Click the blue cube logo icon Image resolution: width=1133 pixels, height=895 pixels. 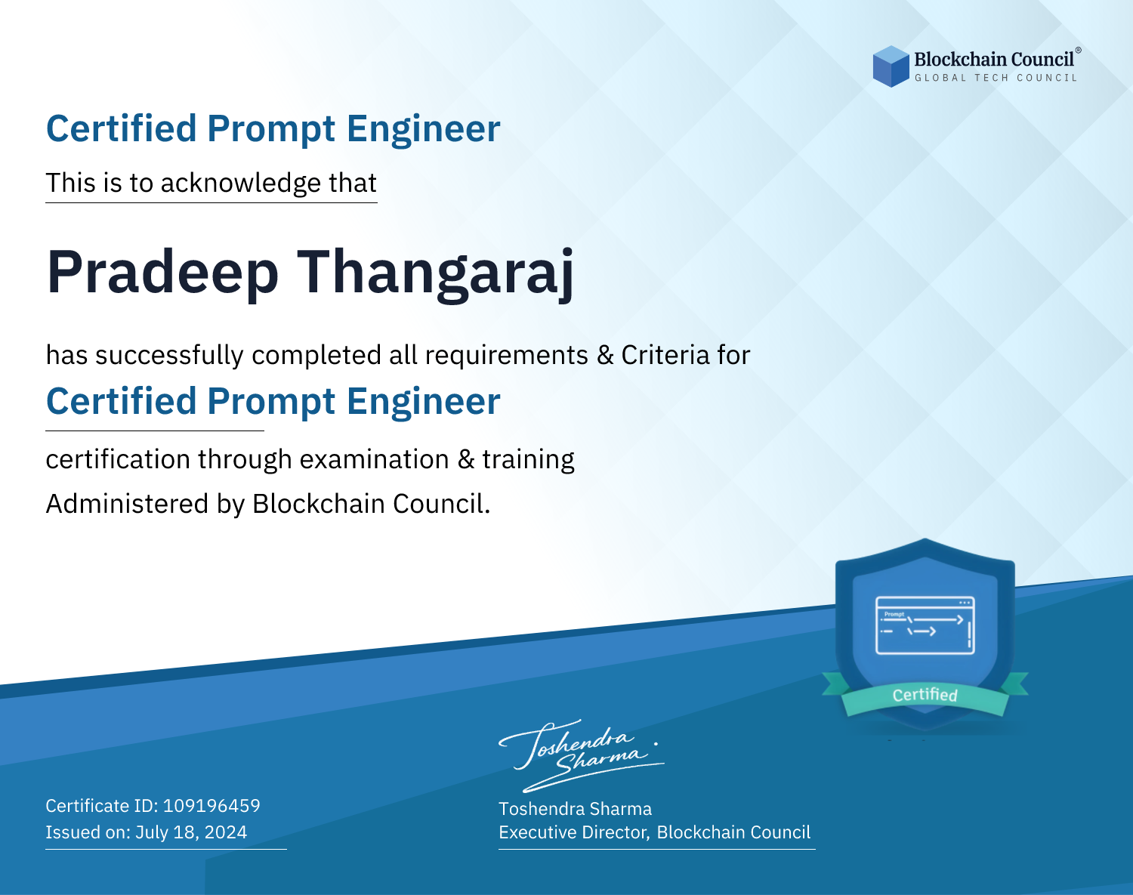891,66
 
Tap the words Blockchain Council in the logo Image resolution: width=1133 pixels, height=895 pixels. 994,59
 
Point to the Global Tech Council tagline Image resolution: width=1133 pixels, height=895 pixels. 996,78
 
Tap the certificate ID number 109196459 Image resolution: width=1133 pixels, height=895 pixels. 211,805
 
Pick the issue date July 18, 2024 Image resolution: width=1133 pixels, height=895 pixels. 191,832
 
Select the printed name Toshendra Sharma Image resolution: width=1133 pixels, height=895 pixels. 575,809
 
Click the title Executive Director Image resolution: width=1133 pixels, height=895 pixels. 573,832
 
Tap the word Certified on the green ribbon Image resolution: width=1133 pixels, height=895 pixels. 925,695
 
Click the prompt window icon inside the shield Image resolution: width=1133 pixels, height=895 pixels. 925,625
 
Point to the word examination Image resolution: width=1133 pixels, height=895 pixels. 374,460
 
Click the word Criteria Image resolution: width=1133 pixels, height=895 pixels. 665,355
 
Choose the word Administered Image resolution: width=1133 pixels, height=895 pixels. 127,504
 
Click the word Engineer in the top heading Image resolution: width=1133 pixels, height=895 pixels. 423,128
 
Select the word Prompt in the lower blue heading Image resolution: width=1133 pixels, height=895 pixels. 270,401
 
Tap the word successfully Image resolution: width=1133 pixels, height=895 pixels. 169,356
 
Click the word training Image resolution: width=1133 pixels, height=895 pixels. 528,460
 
